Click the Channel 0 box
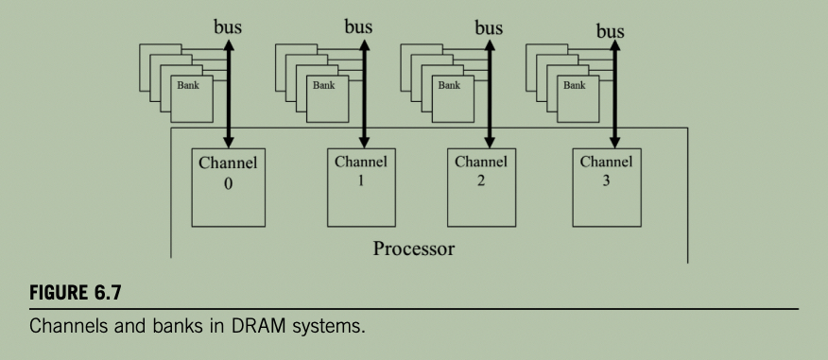[x=228, y=187]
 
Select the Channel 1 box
[x=361, y=187]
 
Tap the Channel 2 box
[x=482, y=187]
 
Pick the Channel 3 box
[x=607, y=187]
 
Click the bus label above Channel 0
[x=228, y=26]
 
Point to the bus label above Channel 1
[x=358, y=26]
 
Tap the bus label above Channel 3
[x=611, y=31]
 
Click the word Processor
[x=414, y=249]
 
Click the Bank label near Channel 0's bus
[x=188, y=85]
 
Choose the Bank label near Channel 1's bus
[x=323, y=85]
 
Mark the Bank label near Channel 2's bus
[x=449, y=85]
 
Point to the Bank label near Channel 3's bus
[x=575, y=85]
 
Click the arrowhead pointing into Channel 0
[x=228, y=142]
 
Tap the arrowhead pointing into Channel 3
[x=614, y=142]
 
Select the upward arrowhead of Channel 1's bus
[x=364, y=45]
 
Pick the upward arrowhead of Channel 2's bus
[x=490, y=45]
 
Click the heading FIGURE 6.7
[x=76, y=292]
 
